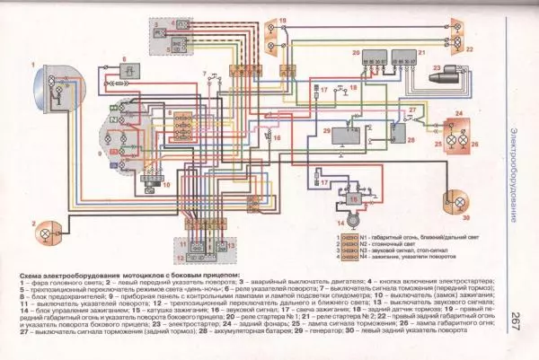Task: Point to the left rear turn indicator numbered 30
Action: coord(458,221)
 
